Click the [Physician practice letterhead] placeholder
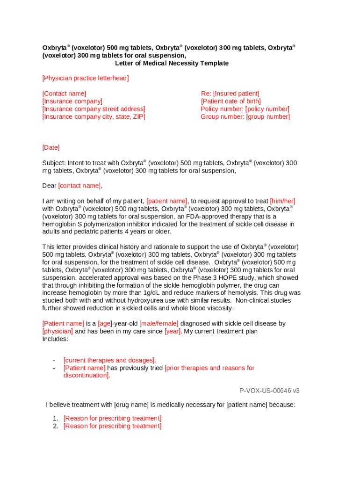click(86, 78)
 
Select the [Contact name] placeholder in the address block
click(64, 94)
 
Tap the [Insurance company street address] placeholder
click(94, 109)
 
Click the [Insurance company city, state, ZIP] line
click(94, 116)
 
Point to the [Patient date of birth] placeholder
click(231, 101)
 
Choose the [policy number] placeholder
click(267, 109)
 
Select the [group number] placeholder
click(268, 116)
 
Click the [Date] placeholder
click(51, 147)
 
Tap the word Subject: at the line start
click(54, 163)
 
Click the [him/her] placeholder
click(282, 201)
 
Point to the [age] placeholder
click(104, 323)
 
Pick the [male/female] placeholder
click(159, 323)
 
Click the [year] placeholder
click(172, 331)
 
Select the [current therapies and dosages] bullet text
click(109, 360)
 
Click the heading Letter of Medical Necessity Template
click(172, 63)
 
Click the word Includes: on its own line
click(55, 339)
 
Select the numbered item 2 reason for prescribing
click(112, 426)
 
